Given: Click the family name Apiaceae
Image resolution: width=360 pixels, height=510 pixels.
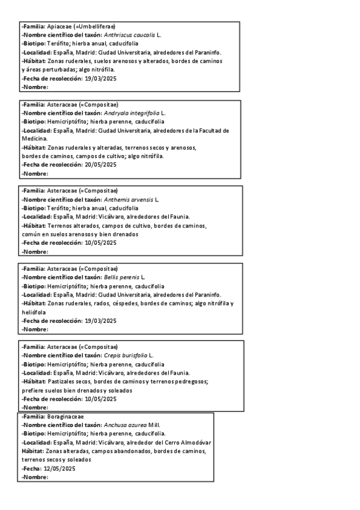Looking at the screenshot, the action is tap(58, 27).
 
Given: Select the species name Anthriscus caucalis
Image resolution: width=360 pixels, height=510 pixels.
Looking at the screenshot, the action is tap(129, 35).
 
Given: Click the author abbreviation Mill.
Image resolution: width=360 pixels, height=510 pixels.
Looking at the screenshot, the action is tap(154, 425).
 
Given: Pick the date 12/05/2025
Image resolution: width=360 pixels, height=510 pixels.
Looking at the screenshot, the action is tap(59, 469).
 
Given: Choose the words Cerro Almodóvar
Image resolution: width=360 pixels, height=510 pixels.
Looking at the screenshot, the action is tap(188, 442).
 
